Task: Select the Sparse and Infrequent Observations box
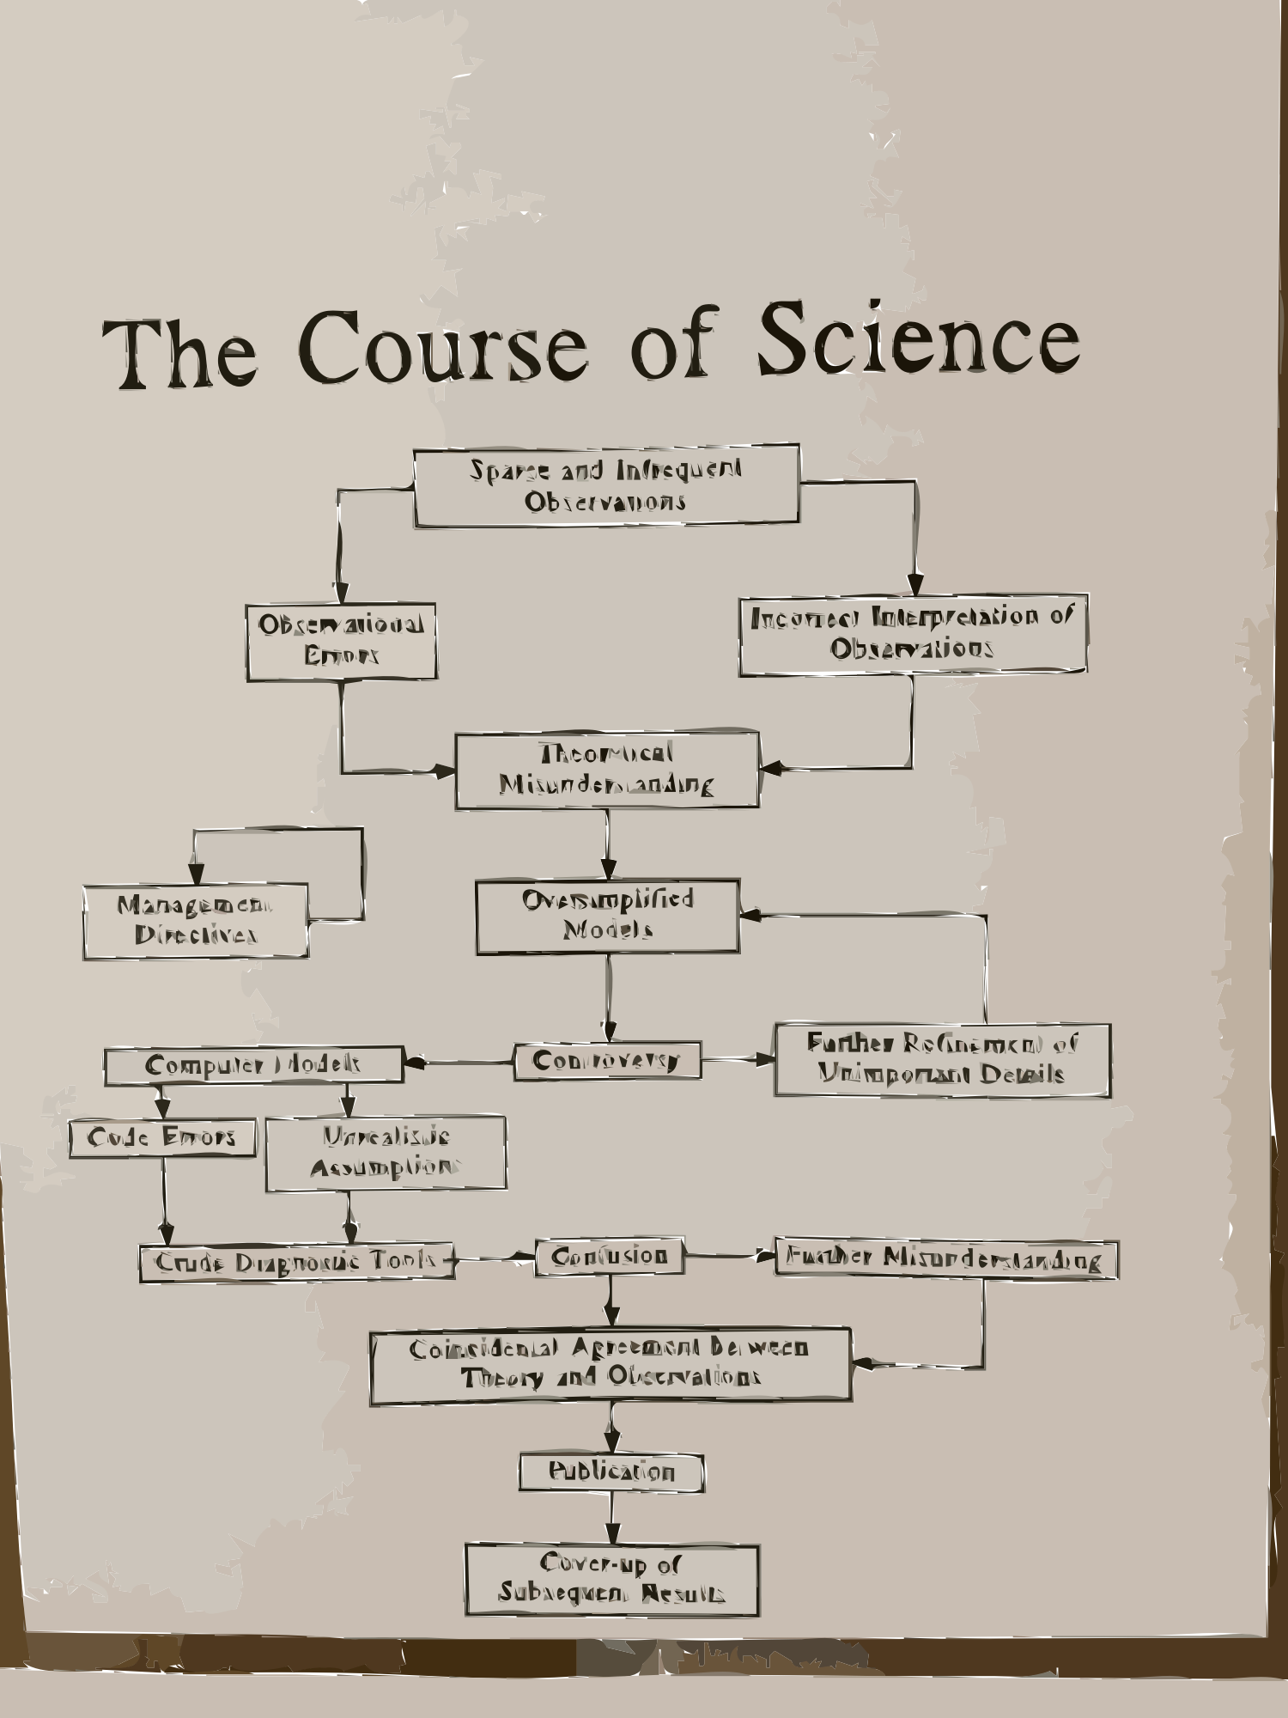tap(606, 485)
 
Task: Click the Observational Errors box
tap(342, 642)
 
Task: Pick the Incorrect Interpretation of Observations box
tap(913, 634)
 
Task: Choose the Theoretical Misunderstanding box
tap(606, 771)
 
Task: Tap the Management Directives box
tap(196, 921)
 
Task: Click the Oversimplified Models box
tap(608, 916)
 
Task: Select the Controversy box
tap(607, 1062)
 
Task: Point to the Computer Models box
tap(253, 1065)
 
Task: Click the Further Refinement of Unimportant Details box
tap(942, 1059)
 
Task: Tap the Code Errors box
tap(162, 1138)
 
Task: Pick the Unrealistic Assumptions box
tap(386, 1153)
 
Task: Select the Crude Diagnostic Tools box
tap(296, 1263)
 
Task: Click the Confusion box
tap(610, 1257)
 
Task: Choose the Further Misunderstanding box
tap(945, 1260)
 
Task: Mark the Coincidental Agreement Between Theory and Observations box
tap(611, 1365)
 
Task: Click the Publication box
tap(611, 1472)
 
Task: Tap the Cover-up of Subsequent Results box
tap(612, 1579)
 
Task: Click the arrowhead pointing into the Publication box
tap(611, 1441)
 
